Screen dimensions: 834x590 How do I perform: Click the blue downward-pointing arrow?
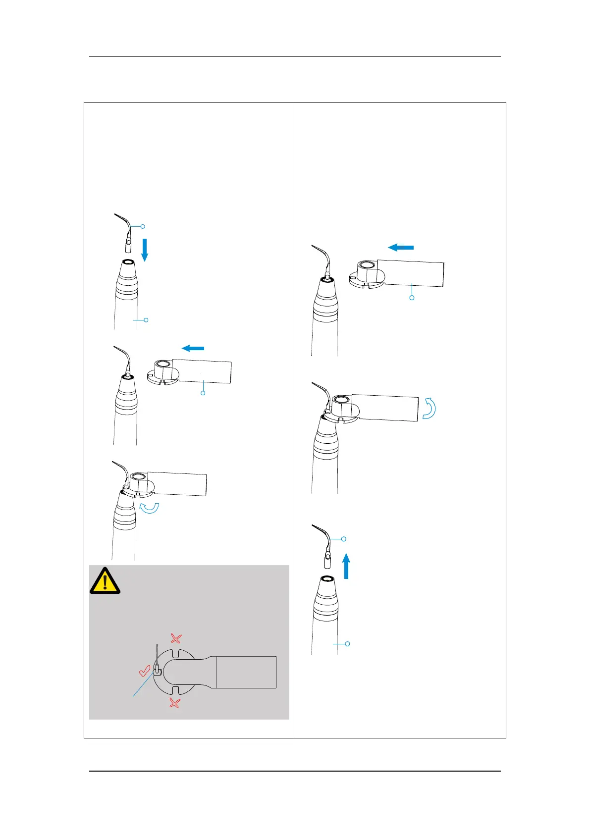(145, 250)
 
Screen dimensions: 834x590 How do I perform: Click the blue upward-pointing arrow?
(346, 566)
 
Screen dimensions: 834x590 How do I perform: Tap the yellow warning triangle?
(105, 580)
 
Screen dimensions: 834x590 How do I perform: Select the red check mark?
(145, 672)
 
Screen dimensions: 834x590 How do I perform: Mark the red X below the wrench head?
(174, 702)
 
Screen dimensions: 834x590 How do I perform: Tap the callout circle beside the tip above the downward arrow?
(143, 226)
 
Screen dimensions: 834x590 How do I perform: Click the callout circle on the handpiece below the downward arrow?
(146, 320)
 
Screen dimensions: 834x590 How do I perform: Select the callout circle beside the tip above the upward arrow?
(344, 539)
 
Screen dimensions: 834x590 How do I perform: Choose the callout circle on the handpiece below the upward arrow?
(347, 644)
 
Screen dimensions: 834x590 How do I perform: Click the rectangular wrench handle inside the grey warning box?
(246, 672)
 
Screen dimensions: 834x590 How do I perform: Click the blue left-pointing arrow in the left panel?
(193, 349)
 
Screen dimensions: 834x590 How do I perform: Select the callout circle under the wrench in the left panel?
(203, 393)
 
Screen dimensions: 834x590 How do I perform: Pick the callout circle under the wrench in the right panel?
(412, 298)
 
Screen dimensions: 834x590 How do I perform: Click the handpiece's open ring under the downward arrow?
(127, 262)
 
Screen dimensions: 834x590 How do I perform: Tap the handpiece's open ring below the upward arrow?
(326, 579)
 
